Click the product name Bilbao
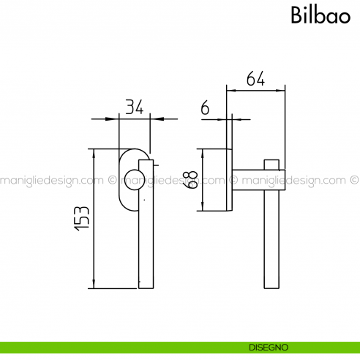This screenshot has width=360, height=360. click(320, 15)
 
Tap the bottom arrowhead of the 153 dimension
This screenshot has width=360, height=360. click(94, 285)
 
